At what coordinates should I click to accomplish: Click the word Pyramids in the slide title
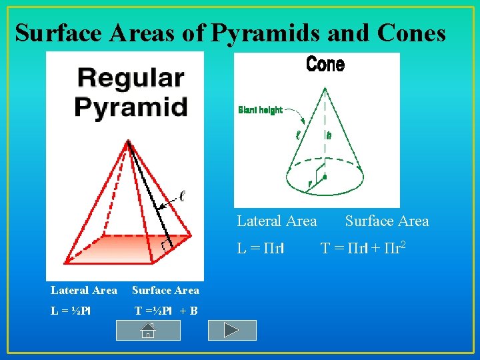pos(259,32)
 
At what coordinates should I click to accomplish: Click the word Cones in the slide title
pos(411,32)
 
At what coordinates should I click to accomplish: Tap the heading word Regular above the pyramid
pos(131,78)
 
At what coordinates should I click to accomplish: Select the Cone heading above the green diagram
pos(325,65)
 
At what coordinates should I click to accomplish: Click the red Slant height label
pos(261,110)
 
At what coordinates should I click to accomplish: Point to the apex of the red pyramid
pos(128,142)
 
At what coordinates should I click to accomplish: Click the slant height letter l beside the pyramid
pos(181,196)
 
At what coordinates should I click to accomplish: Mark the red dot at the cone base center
pos(325,177)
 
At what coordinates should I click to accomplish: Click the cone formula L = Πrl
pos(261,249)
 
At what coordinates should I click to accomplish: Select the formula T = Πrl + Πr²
pos(363,248)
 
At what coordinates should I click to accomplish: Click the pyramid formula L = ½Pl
pos(71,311)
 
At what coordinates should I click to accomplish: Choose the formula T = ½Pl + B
pos(166,311)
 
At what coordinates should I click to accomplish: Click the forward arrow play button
pos(232,330)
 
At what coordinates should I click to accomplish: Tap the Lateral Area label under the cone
pos(277,221)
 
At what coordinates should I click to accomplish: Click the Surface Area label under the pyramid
pos(165,290)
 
